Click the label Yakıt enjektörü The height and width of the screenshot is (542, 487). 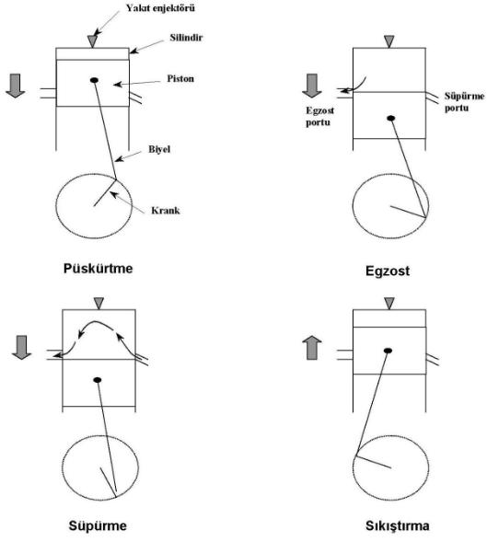coord(160,8)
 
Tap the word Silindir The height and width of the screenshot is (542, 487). coord(186,38)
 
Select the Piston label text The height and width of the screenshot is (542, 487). coord(180,78)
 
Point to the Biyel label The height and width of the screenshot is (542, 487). coord(159,149)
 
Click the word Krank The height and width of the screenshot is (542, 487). coord(166,211)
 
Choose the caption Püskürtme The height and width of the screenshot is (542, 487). coord(98,269)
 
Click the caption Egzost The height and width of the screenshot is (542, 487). coord(388,271)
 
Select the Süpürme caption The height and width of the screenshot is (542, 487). coord(98,525)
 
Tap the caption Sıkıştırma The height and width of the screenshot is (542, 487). coord(398,526)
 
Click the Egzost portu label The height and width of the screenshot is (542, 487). coord(319,117)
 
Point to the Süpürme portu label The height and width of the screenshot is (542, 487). coord(464,102)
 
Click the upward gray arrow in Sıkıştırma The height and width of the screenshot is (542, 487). coord(312,348)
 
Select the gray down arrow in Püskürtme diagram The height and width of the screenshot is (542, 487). coord(16,86)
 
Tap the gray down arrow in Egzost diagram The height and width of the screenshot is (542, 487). coord(312,86)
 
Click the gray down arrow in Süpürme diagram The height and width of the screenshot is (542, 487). coord(21,348)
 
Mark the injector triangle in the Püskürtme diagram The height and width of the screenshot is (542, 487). coord(92,41)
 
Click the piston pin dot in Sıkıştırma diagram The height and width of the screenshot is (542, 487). coord(388,351)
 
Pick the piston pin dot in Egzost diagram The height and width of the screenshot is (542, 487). coord(391,118)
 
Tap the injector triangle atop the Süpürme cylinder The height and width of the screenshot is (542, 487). coord(99,303)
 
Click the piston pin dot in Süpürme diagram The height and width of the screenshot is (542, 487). coord(98,380)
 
